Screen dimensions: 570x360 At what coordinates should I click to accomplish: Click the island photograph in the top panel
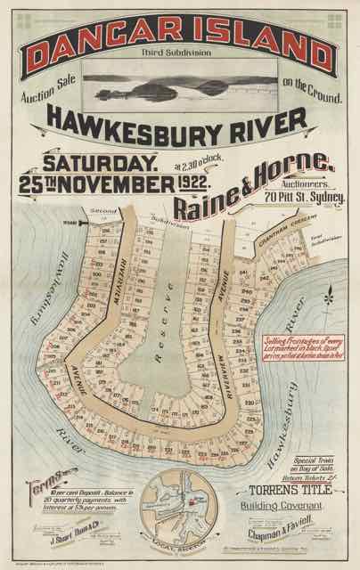point(179,85)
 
